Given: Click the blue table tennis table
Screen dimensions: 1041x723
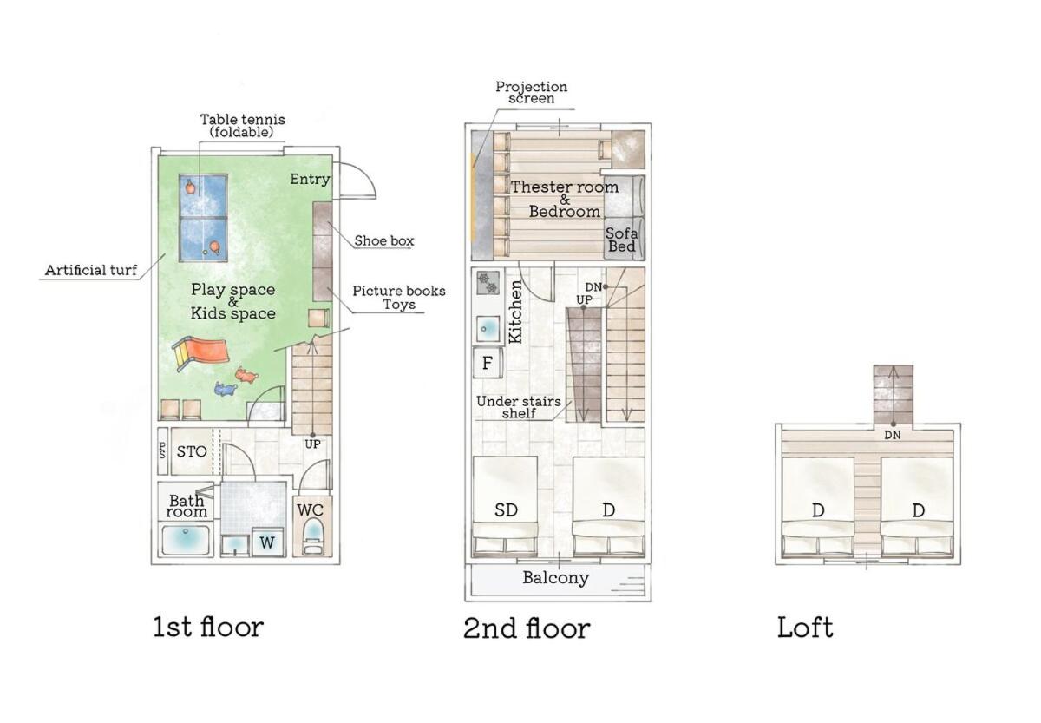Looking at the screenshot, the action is tap(203, 218).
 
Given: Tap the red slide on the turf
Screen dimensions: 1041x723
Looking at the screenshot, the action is tap(200, 352).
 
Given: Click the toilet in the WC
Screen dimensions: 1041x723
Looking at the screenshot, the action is tap(313, 537).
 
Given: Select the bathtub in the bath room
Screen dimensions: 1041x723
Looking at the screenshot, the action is tap(186, 540).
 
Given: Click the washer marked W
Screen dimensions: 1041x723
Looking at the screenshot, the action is tap(267, 542).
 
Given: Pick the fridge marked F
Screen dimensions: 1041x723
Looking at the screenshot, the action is tap(487, 363).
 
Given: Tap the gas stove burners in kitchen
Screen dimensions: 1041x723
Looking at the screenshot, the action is tap(488, 283).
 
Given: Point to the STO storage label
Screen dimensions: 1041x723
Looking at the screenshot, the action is tap(192, 451).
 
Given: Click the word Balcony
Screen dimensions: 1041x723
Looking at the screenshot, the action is tap(556, 578).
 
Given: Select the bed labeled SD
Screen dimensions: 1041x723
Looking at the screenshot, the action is tap(505, 506).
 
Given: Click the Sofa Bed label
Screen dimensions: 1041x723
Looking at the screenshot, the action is tap(622, 240).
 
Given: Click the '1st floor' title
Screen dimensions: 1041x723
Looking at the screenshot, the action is tap(209, 627).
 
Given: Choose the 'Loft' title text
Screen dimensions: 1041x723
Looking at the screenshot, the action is tap(805, 628).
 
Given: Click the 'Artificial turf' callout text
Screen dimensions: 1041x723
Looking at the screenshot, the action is tap(91, 270).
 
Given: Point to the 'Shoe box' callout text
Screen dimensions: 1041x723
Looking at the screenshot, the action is tap(383, 240).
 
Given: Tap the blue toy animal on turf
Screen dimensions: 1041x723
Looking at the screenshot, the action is tap(226, 389).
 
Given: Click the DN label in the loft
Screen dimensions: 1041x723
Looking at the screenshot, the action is tap(893, 435).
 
